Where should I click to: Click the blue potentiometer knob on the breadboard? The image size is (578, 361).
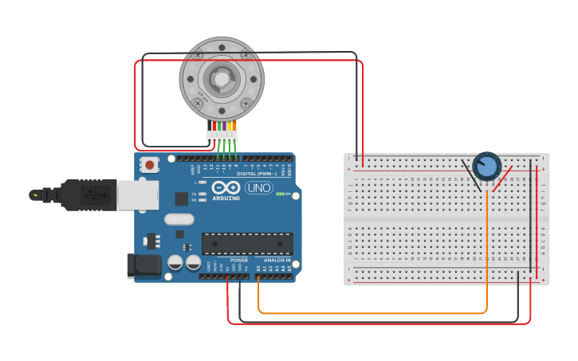[x=486, y=167]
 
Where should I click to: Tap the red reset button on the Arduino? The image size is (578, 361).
[x=148, y=165]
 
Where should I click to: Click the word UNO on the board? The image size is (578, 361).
[x=258, y=188]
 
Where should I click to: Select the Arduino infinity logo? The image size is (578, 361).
[x=226, y=187]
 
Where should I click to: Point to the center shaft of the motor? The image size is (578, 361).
[x=221, y=78]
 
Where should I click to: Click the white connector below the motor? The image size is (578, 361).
[x=222, y=136]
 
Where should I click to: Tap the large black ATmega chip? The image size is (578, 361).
[x=247, y=244]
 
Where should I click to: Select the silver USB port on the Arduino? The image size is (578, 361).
[x=137, y=195]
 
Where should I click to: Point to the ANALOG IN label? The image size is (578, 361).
[x=277, y=260]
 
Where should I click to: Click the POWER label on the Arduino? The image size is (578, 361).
[x=239, y=260]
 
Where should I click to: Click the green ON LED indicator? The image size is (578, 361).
[x=279, y=194]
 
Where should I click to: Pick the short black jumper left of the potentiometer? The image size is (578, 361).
[x=470, y=175]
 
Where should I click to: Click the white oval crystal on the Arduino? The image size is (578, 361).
[x=179, y=218]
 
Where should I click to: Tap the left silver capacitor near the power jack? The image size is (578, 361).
[x=175, y=261]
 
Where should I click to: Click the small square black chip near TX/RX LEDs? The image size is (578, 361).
[x=182, y=198]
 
